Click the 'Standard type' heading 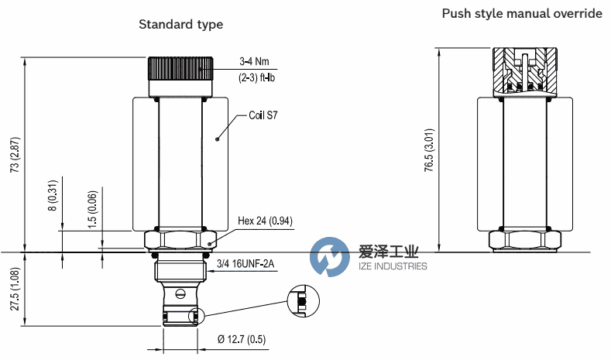click(x=180, y=25)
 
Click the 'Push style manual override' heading click(x=522, y=14)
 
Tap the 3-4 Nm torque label click(x=254, y=61)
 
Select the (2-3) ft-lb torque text click(x=256, y=77)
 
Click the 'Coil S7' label click(x=263, y=115)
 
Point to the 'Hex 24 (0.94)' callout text click(x=265, y=221)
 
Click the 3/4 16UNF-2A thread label click(x=245, y=264)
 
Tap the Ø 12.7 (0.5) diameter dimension click(x=242, y=339)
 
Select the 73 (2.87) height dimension click(x=15, y=155)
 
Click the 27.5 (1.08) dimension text click(x=15, y=289)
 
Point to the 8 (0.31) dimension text click(x=53, y=196)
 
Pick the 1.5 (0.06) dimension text click(x=92, y=210)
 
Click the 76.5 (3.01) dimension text click(x=429, y=150)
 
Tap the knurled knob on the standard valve click(x=180, y=69)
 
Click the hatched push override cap click(x=525, y=72)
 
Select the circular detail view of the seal click(x=303, y=301)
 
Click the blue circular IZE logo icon click(x=330, y=257)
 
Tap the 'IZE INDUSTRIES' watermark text click(x=393, y=266)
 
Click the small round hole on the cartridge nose click(x=180, y=293)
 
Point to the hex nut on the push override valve click(x=525, y=242)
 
